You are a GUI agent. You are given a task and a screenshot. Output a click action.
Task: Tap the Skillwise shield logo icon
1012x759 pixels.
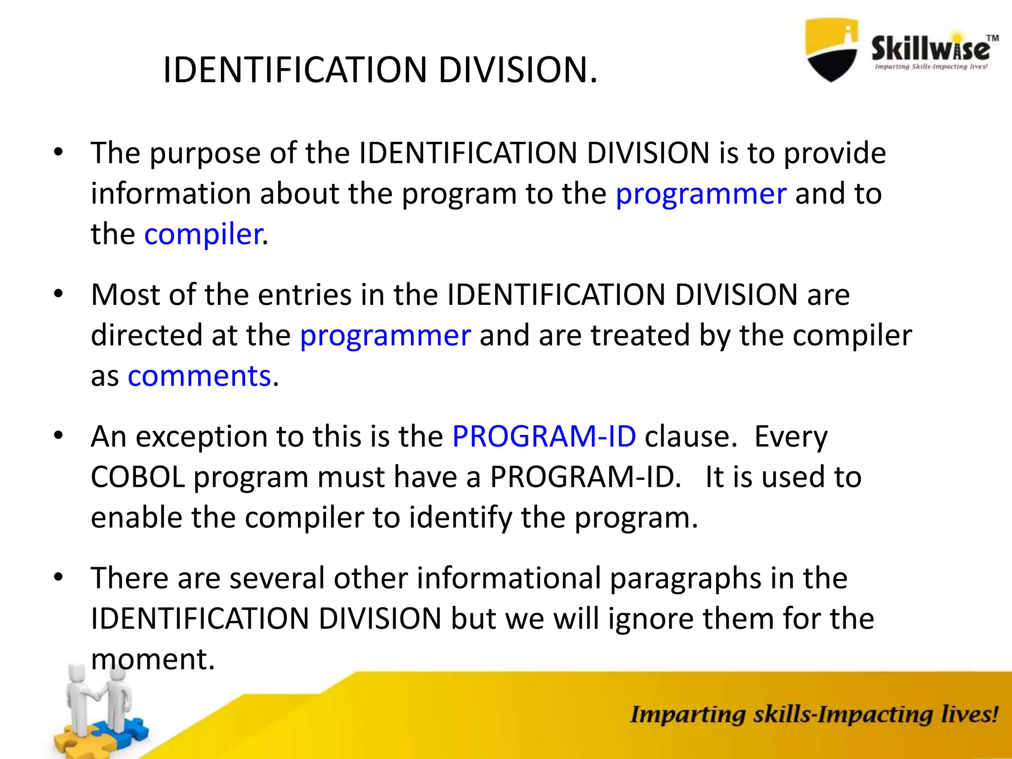(x=832, y=49)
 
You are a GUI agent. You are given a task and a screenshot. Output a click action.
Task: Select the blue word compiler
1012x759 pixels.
(x=203, y=234)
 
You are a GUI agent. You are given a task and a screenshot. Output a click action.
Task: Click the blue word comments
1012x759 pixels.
(x=199, y=376)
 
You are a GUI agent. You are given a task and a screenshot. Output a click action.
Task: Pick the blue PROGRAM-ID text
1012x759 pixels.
(x=544, y=436)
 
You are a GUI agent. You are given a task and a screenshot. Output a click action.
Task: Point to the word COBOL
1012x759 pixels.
(x=138, y=477)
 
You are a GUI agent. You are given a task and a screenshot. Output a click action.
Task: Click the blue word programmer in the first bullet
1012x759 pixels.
(x=701, y=194)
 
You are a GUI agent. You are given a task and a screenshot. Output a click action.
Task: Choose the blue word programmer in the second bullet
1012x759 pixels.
(x=385, y=336)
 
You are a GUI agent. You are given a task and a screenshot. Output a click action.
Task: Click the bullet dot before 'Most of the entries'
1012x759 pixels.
(x=59, y=294)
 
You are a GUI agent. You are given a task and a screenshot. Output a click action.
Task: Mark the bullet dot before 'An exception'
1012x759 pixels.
(x=59, y=436)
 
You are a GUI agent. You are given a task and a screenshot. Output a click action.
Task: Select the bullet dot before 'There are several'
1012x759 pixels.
(x=59, y=577)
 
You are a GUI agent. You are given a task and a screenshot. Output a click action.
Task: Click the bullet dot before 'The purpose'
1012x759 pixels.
(x=59, y=152)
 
